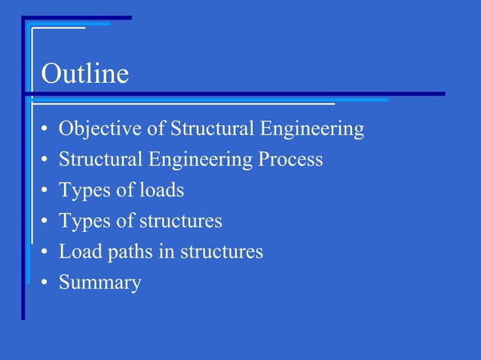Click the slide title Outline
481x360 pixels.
click(84, 75)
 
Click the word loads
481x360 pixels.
click(161, 191)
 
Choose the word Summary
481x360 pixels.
click(100, 283)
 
